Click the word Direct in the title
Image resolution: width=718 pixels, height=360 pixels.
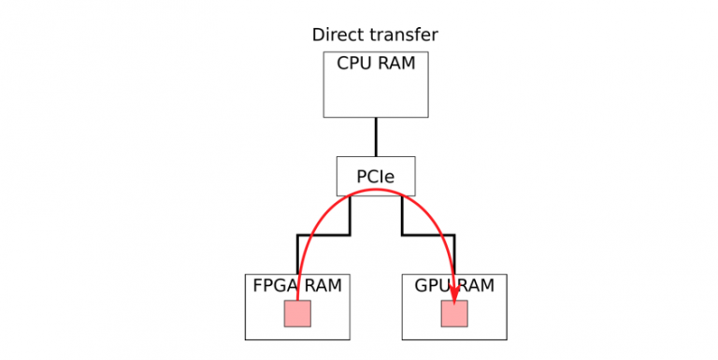click(335, 36)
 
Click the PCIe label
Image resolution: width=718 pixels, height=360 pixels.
click(375, 176)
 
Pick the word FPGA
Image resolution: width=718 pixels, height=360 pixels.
click(276, 285)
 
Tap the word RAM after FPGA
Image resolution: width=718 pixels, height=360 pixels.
click(323, 285)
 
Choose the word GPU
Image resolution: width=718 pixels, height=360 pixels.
click(432, 285)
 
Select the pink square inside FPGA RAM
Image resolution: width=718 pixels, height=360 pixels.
click(297, 314)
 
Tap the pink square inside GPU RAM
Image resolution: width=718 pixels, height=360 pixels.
click(454, 314)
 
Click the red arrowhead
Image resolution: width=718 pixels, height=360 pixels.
click(455, 293)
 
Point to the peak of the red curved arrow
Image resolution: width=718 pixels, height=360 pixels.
click(376, 190)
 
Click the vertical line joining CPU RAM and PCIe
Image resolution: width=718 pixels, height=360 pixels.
click(376, 137)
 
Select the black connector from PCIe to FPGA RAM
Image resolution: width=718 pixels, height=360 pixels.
click(323, 235)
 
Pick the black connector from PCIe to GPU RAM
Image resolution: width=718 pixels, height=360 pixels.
click(428, 235)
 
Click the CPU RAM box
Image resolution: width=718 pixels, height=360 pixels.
click(376, 94)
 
